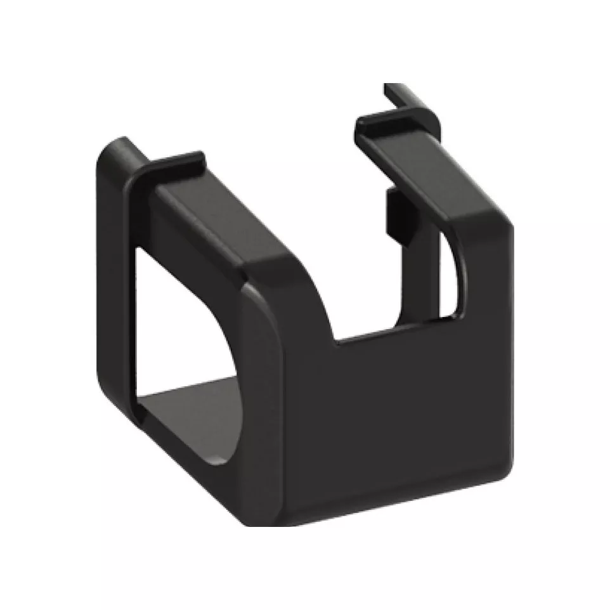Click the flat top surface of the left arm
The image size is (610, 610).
point(216,216)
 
